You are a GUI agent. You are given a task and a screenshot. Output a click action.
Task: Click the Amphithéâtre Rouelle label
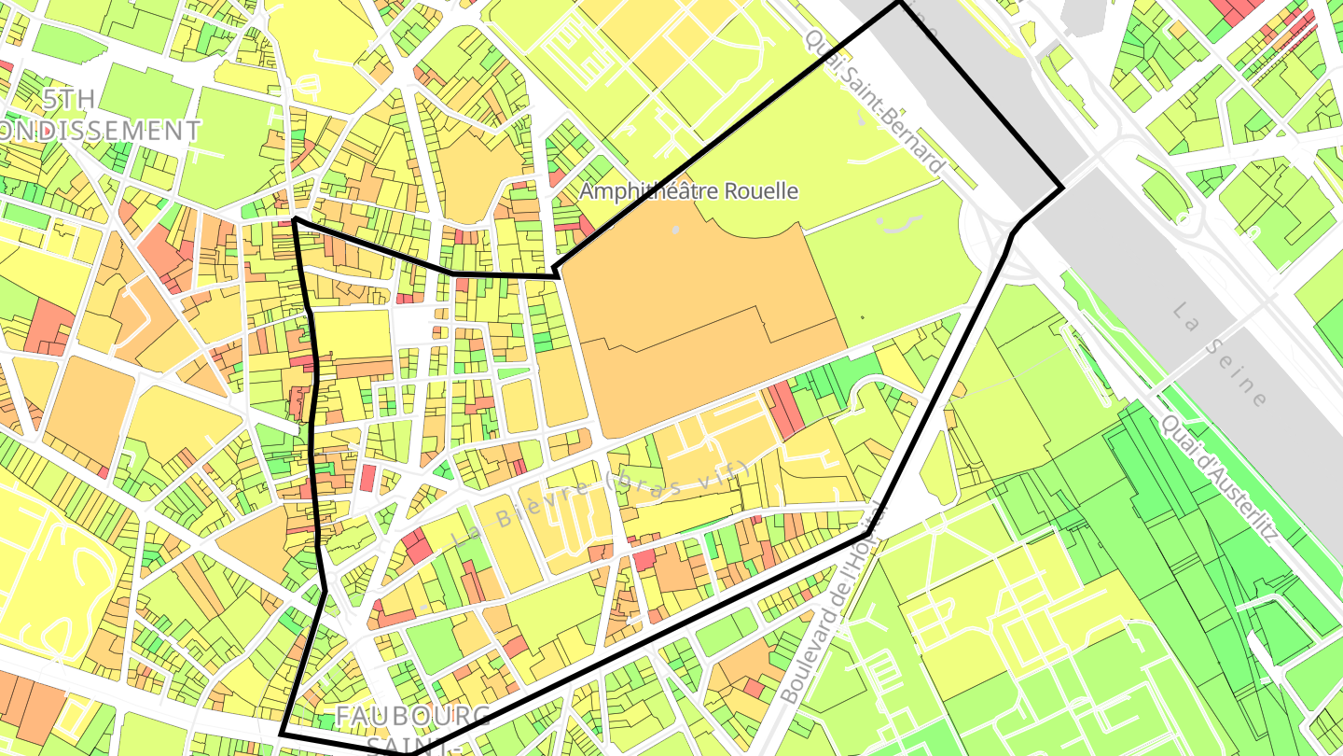click(x=688, y=191)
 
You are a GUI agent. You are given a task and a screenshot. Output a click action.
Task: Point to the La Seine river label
click(x=1220, y=355)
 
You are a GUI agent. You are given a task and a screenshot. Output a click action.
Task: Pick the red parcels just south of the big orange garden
click(x=784, y=412)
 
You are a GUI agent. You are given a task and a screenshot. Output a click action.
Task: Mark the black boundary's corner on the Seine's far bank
click(x=1062, y=189)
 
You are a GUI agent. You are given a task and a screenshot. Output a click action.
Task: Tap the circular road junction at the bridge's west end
click(x=993, y=233)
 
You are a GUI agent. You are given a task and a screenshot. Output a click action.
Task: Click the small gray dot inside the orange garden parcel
click(x=675, y=228)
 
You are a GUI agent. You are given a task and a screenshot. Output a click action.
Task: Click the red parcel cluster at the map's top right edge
click(x=1240, y=11)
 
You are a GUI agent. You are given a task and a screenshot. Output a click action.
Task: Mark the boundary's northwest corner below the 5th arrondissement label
click(x=295, y=220)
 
